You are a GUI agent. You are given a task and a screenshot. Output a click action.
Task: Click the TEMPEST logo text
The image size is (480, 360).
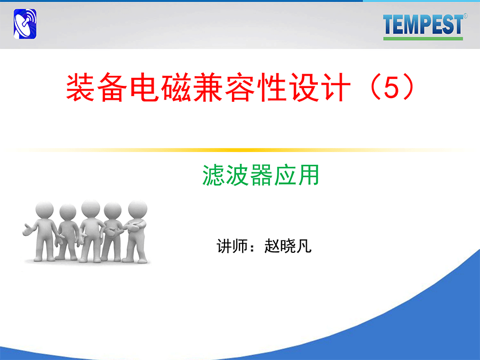423,25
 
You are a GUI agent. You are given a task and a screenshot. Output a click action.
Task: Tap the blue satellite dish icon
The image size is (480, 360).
25,24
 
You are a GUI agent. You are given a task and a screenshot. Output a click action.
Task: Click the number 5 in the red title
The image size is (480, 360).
391,87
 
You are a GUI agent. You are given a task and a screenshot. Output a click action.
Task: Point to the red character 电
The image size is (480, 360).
145,87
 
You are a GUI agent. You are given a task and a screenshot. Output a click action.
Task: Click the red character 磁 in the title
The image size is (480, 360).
177,87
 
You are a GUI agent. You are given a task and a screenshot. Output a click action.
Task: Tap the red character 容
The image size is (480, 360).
241,87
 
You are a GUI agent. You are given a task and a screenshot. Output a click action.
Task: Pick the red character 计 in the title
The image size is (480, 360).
336,87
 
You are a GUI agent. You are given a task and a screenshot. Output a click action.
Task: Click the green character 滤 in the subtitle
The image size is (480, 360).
214,175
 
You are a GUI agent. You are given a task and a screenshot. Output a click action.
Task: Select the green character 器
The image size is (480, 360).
261,175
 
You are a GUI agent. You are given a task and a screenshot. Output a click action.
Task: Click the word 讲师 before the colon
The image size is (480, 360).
232,246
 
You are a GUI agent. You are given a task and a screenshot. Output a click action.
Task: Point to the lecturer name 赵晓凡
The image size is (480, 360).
288,246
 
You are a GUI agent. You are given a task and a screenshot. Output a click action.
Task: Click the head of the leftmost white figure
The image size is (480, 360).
44,210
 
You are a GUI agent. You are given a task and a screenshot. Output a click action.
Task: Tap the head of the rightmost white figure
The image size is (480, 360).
138,210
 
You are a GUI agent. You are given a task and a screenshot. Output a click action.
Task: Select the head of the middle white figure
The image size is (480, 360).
91,209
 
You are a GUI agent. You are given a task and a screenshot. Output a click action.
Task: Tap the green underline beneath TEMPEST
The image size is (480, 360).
423,38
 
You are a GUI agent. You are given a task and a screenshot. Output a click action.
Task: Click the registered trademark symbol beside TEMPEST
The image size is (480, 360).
465,15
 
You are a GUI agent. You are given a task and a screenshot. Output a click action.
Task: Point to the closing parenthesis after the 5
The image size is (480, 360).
409,87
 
